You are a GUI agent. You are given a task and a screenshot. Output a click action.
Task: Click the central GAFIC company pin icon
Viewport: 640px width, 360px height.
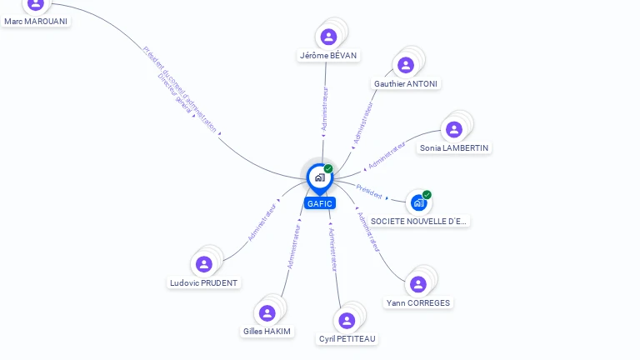click(x=319, y=177)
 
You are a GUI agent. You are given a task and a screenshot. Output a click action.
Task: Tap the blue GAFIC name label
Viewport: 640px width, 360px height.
click(x=319, y=203)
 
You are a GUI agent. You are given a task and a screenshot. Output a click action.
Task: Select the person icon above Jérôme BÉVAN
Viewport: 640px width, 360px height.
click(x=328, y=37)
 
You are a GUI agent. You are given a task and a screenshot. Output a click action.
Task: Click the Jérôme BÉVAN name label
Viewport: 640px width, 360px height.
click(x=328, y=56)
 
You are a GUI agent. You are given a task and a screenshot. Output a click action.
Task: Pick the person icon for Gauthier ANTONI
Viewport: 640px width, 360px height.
click(x=406, y=65)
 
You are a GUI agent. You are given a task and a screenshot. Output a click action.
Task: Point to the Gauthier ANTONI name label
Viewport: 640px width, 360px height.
click(x=406, y=83)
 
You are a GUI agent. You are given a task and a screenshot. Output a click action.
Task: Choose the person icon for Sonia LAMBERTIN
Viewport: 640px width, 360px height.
click(x=454, y=129)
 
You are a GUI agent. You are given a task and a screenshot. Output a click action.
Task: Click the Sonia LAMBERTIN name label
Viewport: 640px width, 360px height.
click(x=454, y=147)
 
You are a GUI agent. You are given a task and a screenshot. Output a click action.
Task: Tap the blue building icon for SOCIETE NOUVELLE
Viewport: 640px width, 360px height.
click(x=419, y=202)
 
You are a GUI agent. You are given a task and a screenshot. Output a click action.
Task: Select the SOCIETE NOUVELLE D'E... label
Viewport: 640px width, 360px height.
click(x=419, y=221)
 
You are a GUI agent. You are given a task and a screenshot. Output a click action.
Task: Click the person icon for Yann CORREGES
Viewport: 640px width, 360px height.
click(x=418, y=284)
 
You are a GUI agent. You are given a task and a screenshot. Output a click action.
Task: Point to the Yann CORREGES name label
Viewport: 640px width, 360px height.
click(x=418, y=302)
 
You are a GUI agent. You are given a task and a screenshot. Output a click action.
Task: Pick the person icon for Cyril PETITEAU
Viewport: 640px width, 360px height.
click(x=347, y=320)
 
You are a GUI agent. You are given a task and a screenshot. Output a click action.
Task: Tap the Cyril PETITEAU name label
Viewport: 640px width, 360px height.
click(x=347, y=338)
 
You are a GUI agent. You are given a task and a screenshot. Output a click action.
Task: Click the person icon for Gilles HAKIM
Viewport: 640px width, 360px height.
click(x=267, y=312)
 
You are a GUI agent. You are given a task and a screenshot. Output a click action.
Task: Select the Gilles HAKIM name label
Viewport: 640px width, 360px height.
click(x=267, y=331)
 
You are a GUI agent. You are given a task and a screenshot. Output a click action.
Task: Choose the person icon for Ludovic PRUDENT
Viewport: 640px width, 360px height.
click(x=204, y=264)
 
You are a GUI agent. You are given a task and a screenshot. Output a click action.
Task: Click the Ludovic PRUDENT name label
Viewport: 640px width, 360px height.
click(x=204, y=282)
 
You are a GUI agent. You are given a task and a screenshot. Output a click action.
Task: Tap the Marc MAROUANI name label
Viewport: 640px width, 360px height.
click(x=35, y=21)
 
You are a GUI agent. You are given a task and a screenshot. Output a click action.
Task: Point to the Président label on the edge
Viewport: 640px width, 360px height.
click(x=369, y=191)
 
